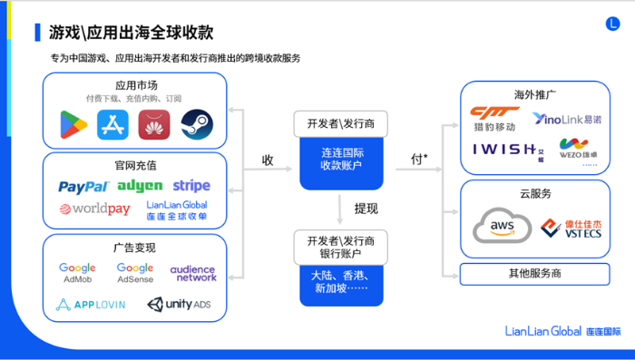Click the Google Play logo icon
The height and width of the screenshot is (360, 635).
(73, 123)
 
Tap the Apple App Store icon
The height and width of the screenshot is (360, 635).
(113, 123)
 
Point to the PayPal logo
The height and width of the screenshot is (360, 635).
(84, 187)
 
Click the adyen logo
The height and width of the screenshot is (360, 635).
(139, 186)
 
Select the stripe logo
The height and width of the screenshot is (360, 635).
(190, 186)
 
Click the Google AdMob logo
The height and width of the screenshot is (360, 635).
(77, 273)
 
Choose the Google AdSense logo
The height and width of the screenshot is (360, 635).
(134, 273)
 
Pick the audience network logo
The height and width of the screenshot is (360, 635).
(193, 273)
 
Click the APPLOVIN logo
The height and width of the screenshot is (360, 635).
(90, 305)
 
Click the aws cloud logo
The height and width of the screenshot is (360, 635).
(497, 225)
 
